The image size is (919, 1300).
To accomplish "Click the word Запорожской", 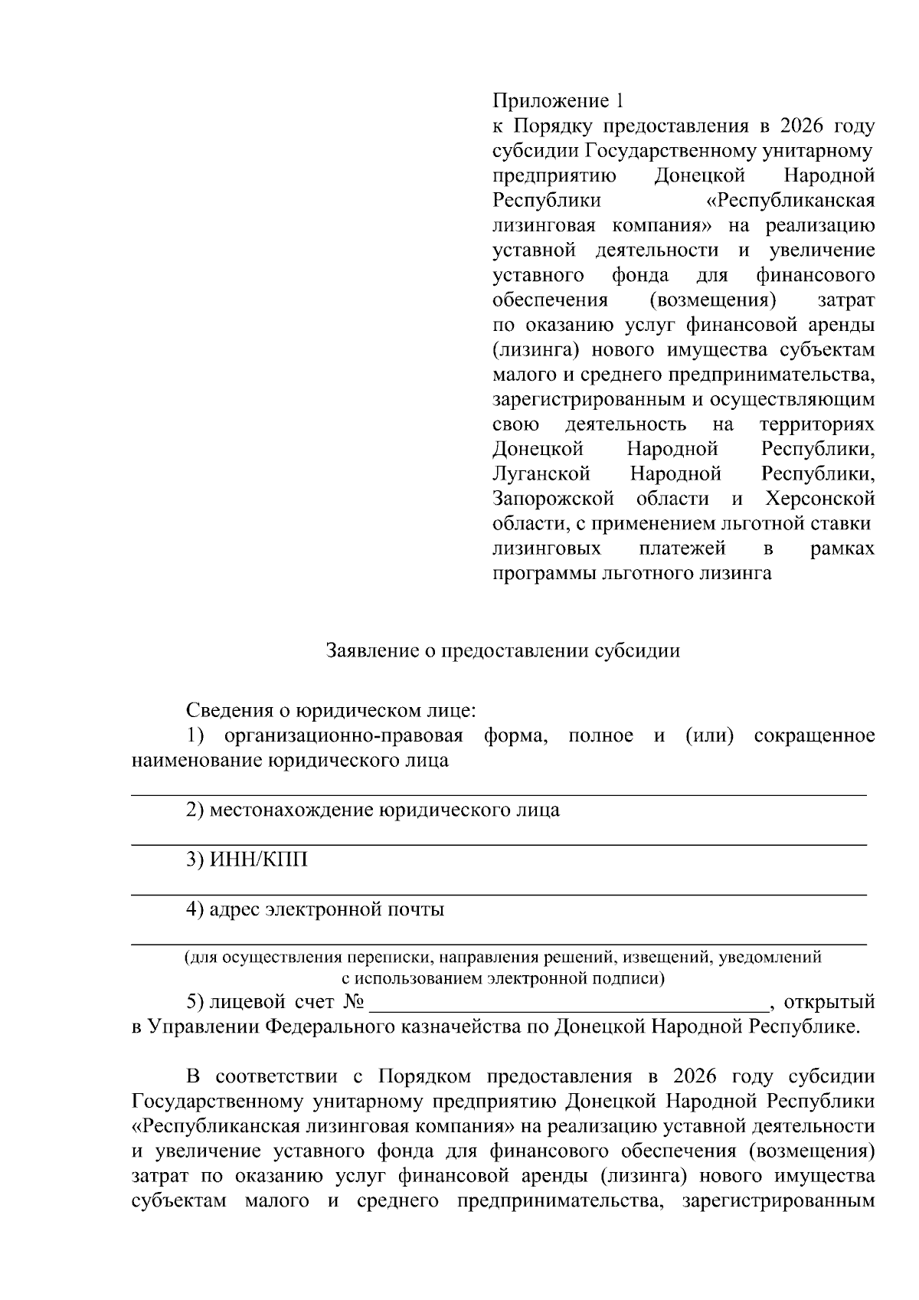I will click(553, 499).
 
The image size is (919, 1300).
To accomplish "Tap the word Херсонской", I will click(819, 499).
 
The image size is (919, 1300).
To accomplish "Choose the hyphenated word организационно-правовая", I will click(344, 736).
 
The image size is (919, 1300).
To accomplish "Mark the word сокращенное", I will click(814, 736).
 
